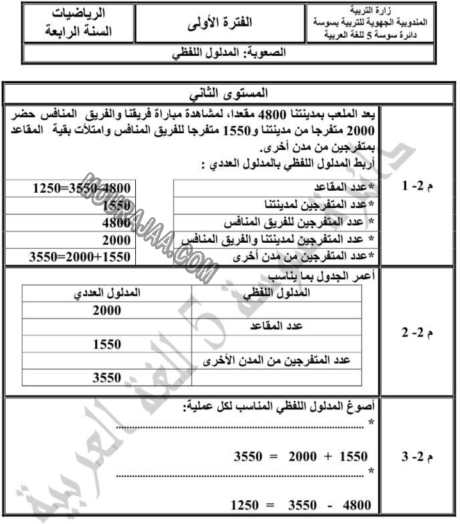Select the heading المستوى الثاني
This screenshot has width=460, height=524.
point(231,94)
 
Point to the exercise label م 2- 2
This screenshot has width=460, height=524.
point(416,334)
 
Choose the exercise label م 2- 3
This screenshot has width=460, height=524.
point(416,457)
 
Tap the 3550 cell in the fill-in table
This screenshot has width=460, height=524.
point(107,378)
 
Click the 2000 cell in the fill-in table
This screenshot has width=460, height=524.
point(107,311)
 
